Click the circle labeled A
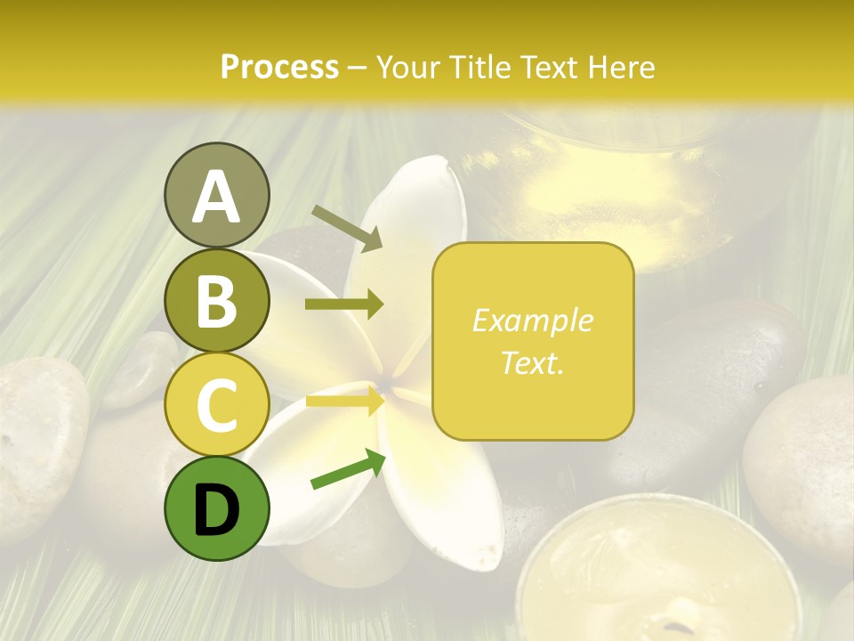coord(216,195)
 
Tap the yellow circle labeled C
coord(216,404)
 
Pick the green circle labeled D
coord(216,508)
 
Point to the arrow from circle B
coord(344,304)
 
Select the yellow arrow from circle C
coord(344,402)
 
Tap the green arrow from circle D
coord(348,468)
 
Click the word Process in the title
coord(279,67)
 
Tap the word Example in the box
coord(532,320)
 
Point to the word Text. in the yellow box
coord(532,362)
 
